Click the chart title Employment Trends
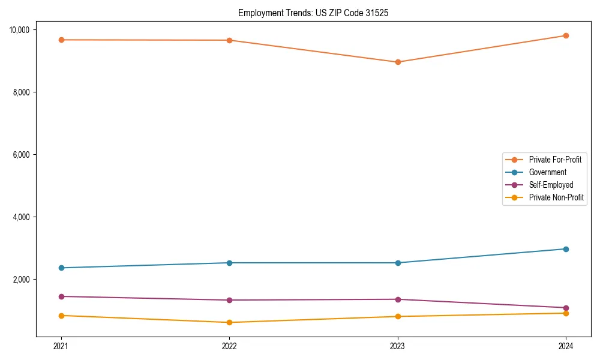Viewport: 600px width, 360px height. (313, 13)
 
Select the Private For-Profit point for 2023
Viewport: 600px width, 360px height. (398, 62)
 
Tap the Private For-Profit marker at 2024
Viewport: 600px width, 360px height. (566, 35)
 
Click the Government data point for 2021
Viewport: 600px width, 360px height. (61, 268)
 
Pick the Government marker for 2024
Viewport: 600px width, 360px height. (566, 249)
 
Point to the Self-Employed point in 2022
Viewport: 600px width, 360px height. (229, 300)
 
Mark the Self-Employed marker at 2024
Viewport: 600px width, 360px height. (566, 308)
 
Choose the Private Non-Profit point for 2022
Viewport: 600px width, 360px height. (229, 322)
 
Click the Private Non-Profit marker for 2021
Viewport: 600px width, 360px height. (61, 316)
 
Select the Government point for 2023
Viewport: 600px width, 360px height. (398, 263)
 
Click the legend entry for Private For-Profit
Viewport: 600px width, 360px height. (554, 160)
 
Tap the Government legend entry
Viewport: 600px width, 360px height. (547, 172)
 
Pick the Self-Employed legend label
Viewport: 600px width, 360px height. (551, 185)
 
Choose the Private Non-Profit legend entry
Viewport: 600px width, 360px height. (556, 197)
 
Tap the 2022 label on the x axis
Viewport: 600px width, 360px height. (229, 346)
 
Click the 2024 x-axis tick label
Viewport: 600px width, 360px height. (566, 346)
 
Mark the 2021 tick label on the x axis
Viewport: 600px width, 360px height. (61, 346)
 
